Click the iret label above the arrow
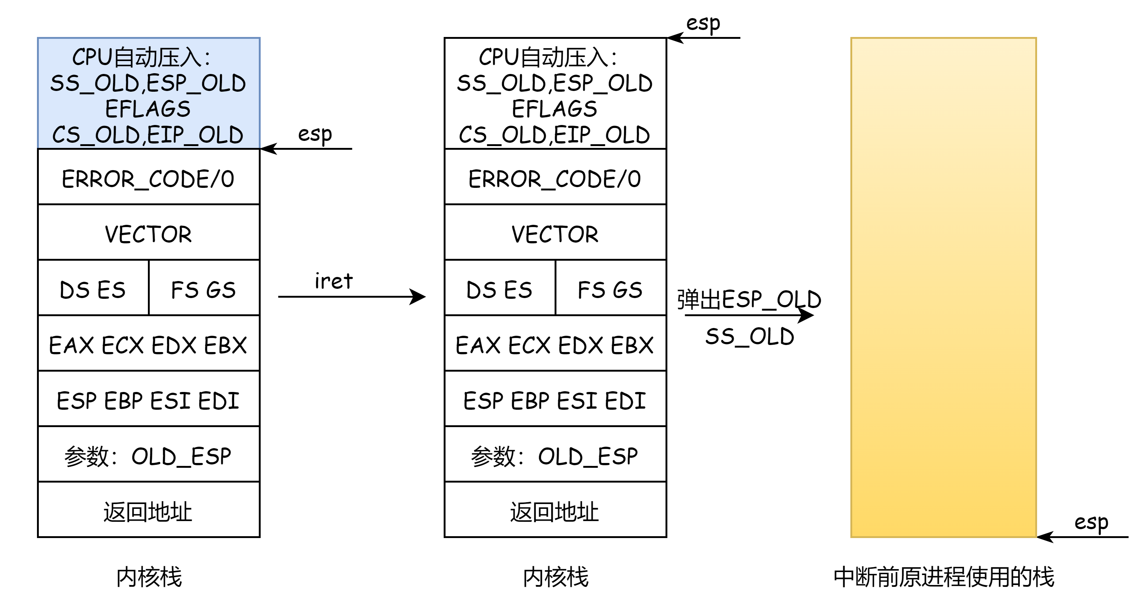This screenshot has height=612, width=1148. (x=333, y=281)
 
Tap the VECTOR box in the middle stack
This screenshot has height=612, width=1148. (x=555, y=232)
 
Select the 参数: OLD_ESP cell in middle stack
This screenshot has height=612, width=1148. (x=555, y=454)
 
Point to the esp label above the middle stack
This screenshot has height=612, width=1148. (x=703, y=24)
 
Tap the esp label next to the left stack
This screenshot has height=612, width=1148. (x=315, y=134)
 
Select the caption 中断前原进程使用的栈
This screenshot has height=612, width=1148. (x=944, y=577)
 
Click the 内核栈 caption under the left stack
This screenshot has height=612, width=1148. (x=149, y=577)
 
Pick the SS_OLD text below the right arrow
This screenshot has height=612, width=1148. (x=749, y=337)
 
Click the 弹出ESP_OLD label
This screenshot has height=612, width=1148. (x=749, y=299)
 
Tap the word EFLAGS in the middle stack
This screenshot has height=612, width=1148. (x=554, y=109)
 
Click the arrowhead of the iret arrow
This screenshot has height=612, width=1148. (x=419, y=297)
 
